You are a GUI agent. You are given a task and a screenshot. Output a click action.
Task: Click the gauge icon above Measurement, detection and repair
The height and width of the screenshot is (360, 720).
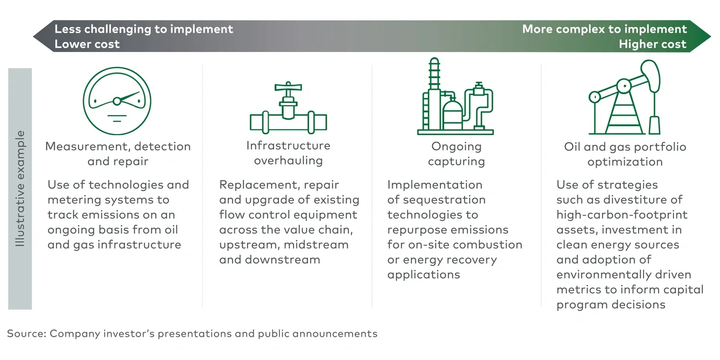point(117,101)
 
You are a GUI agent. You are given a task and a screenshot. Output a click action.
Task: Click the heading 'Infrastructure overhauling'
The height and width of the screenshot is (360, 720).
point(288,153)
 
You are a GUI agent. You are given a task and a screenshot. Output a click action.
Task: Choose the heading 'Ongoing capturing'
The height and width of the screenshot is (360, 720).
point(456,154)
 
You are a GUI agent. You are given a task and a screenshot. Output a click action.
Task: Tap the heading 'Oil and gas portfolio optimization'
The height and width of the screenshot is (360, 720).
point(625,154)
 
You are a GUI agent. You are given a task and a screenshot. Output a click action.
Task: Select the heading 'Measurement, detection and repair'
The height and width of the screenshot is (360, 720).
point(117,154)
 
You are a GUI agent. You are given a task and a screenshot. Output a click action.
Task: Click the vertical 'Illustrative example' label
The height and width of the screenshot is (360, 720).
point(20,188)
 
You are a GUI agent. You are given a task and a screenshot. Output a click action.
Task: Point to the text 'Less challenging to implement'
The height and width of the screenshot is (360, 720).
point(143,29)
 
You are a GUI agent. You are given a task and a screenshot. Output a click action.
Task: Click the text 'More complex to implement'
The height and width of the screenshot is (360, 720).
point(604,29)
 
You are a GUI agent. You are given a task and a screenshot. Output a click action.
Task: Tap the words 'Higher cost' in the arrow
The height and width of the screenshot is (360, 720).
point(652,44)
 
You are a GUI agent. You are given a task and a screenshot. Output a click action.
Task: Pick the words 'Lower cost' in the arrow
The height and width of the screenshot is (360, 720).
point(87,44)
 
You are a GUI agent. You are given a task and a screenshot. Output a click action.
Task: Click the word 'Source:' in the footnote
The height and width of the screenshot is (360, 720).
point(26,333)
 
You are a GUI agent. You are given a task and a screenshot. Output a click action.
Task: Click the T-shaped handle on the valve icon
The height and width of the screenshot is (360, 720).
point(288,88)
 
